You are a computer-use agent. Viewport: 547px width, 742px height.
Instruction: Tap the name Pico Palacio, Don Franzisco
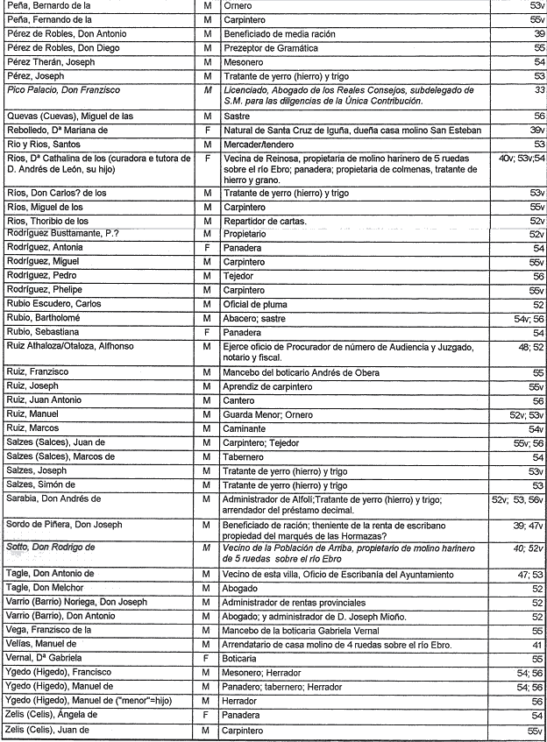(x=63, y=90)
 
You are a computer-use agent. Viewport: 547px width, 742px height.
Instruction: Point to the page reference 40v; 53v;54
(x=521, y=159)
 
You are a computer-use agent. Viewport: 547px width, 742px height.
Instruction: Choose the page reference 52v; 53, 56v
(x=517, y=499)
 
